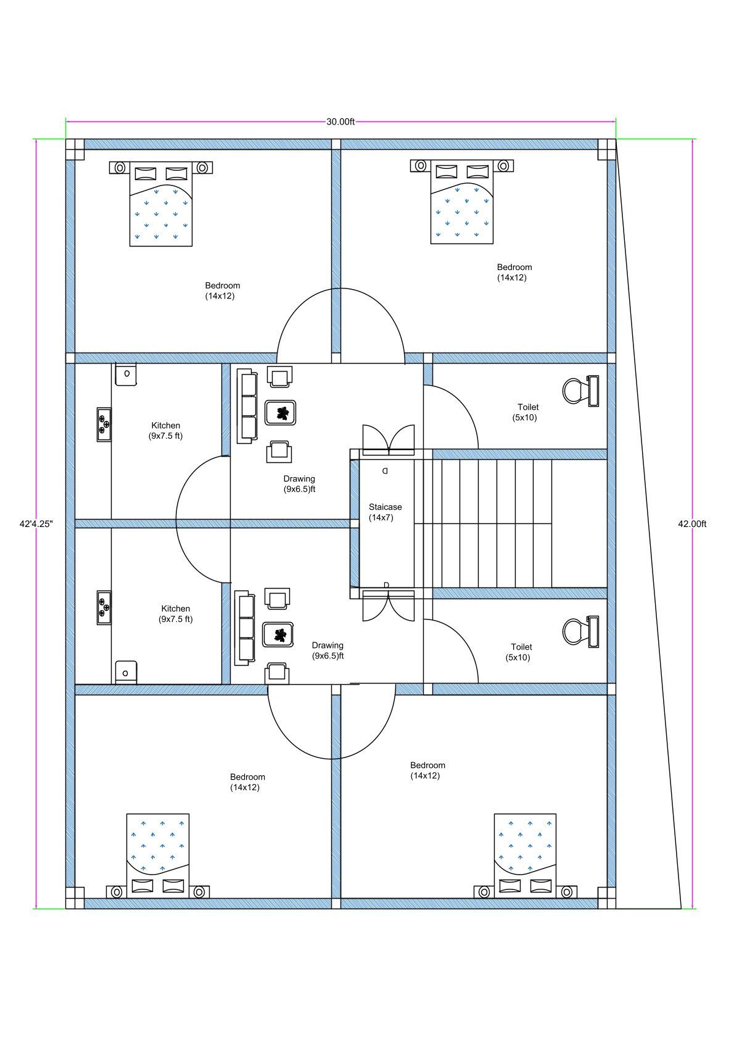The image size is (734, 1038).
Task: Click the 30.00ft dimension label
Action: (x=340, y=121)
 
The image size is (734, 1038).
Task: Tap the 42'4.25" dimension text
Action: (x=36, y=524)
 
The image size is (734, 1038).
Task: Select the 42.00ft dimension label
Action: (x=692, y=524)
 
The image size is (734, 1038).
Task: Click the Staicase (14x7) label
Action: (x=384, y=512)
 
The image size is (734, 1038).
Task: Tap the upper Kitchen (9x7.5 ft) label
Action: (x=165, y=430)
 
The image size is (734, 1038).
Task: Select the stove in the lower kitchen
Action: (x=104, y=608)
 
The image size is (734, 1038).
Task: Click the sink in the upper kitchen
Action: (x=126, y=374)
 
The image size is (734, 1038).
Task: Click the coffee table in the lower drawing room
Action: (x=279, y=634)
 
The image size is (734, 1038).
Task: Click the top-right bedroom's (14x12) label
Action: (x=512, y=278)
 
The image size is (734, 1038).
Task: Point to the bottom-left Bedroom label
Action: (x=247, y=777)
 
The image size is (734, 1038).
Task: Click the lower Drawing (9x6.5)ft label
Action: (x=328, y=651)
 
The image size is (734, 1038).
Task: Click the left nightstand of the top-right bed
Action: (x=420, y=166)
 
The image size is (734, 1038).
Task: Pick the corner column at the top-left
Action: (x=75, y=149)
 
